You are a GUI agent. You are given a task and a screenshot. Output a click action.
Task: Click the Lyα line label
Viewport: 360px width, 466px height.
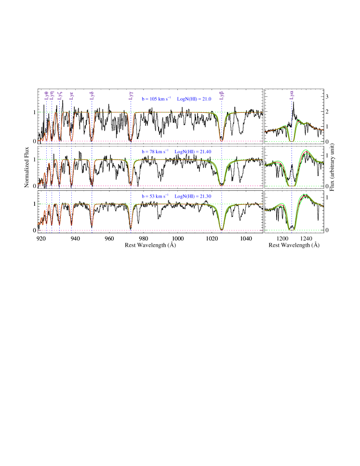(292, 95)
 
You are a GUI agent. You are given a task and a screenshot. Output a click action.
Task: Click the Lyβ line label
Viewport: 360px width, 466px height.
(222, 95)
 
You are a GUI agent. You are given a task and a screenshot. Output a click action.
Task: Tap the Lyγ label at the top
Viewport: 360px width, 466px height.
(131, 95)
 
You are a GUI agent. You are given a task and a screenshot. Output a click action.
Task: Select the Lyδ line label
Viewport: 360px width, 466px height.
(92, 95)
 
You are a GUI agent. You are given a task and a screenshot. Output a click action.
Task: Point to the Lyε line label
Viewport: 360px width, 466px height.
(72, 95)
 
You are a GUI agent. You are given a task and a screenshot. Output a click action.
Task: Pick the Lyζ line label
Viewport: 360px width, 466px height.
(60, 95)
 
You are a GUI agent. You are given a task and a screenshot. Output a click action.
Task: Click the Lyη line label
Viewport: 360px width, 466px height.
(52, 95)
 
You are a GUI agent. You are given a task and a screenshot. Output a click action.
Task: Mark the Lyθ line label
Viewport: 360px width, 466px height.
(46, 95)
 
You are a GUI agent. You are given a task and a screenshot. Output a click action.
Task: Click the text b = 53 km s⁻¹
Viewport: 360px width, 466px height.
(155, 196)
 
